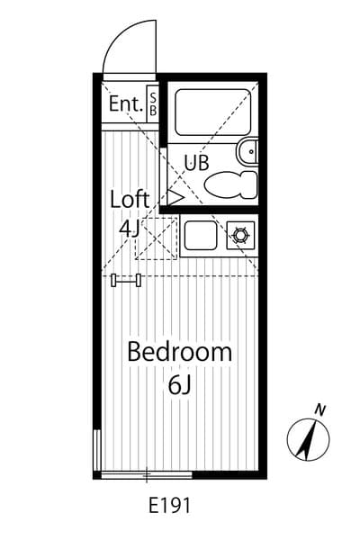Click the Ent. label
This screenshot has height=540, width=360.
[x=126, y=103]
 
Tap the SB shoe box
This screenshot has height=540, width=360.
[x=153, y=103]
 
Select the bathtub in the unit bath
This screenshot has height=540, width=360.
[x=213, y=112]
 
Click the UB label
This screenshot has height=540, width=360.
[x=196, y=163]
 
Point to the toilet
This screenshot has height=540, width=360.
[x=230, y=184]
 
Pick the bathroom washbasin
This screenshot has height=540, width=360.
[x=247, y=151]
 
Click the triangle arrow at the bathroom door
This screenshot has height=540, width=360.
[x=175, y=198]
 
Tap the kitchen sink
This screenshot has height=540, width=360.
[x=201, y=236]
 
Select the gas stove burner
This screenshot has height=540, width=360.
[x=240, y=236]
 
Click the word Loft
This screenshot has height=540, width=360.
[x=130, y=199]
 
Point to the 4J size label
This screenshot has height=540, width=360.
[x=128, y=228]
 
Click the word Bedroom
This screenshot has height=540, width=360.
[x=179, y=352]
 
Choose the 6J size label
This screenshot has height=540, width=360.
[x=179, y=385]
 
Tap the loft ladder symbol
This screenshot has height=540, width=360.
[x=126, y=280]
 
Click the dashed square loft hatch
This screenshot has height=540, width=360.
[x=156, y=238]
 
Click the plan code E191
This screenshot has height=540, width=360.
[x=169, y=506]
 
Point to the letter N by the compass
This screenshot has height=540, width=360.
[x=320, y=410]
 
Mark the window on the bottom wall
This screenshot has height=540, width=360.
[x=147, y=475]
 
